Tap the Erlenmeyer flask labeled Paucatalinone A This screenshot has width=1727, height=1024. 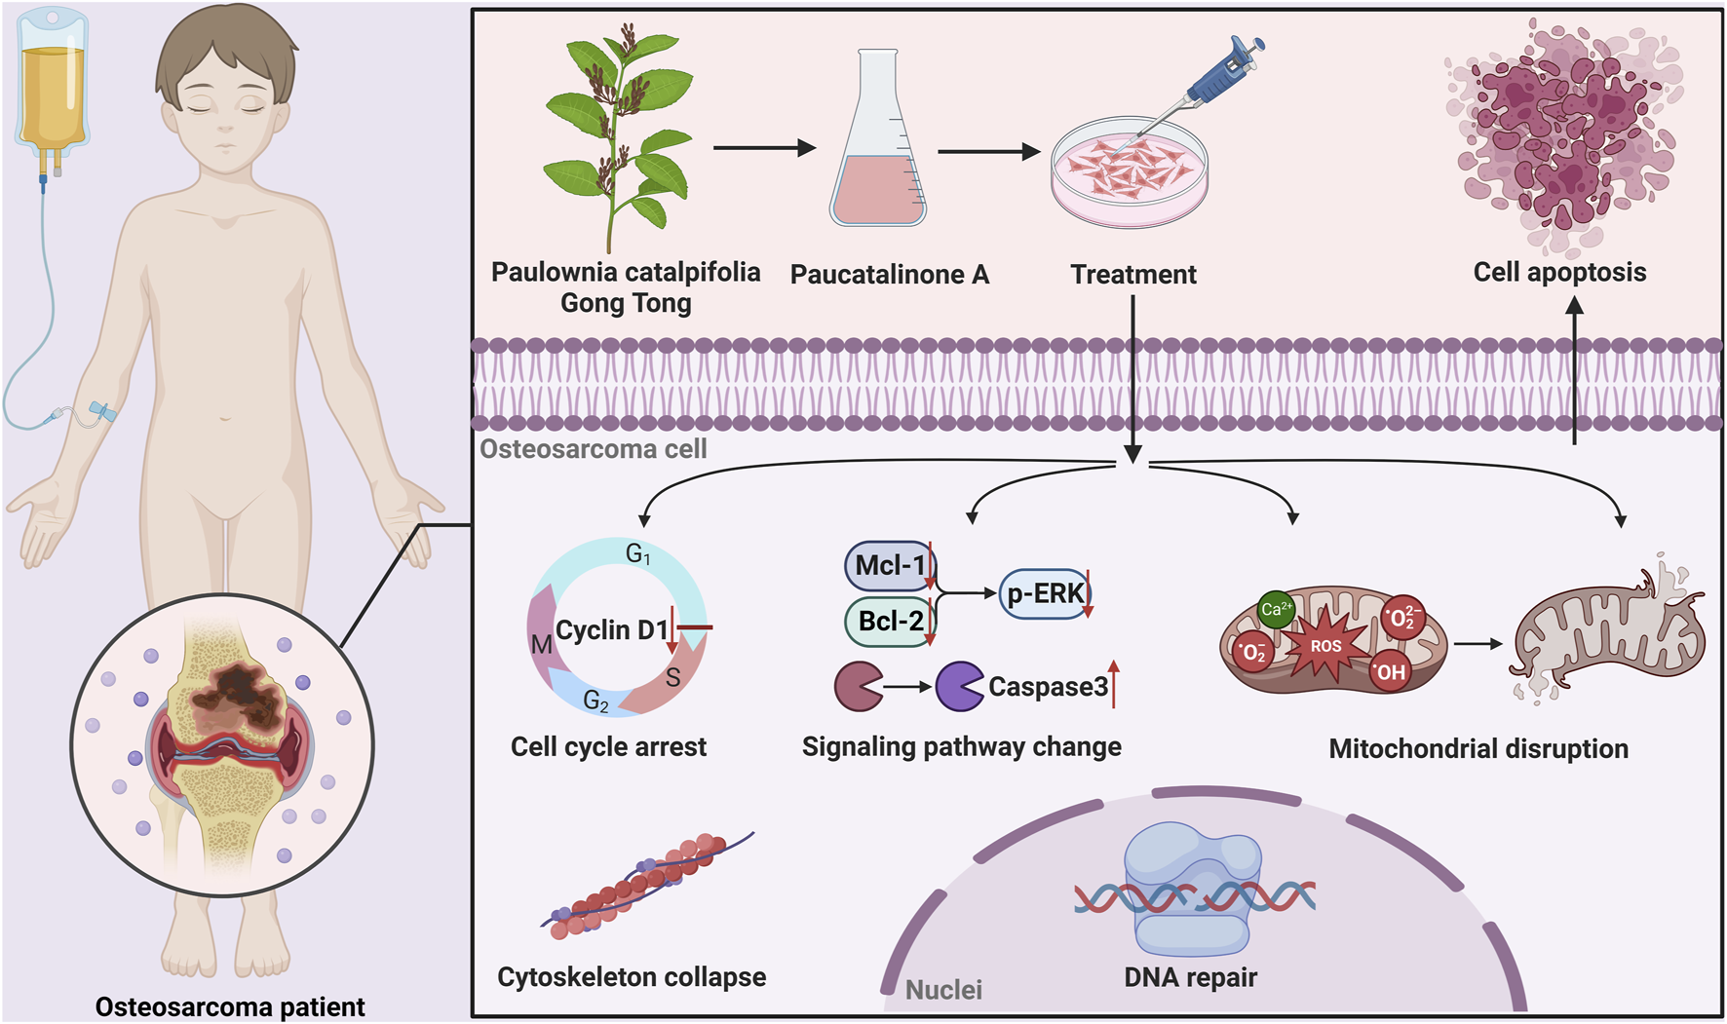(877, 156)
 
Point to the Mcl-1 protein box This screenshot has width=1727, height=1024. (889, 566)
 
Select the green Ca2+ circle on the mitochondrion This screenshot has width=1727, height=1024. (1276, 610)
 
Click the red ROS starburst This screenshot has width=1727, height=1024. (1325, 645)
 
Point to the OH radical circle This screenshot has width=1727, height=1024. (1391, 672)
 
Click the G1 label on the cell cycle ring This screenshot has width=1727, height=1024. (637, 555)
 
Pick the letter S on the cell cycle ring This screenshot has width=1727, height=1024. (672, 678)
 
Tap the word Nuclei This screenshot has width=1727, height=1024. (943, 990)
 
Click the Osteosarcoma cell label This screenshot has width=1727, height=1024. (593, 449)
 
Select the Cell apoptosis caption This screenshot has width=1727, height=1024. (1559, 272)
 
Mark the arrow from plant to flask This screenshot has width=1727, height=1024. (764, 148)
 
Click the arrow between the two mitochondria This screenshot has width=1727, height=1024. (1478, 644)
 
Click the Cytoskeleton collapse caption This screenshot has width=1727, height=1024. (632, 977)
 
